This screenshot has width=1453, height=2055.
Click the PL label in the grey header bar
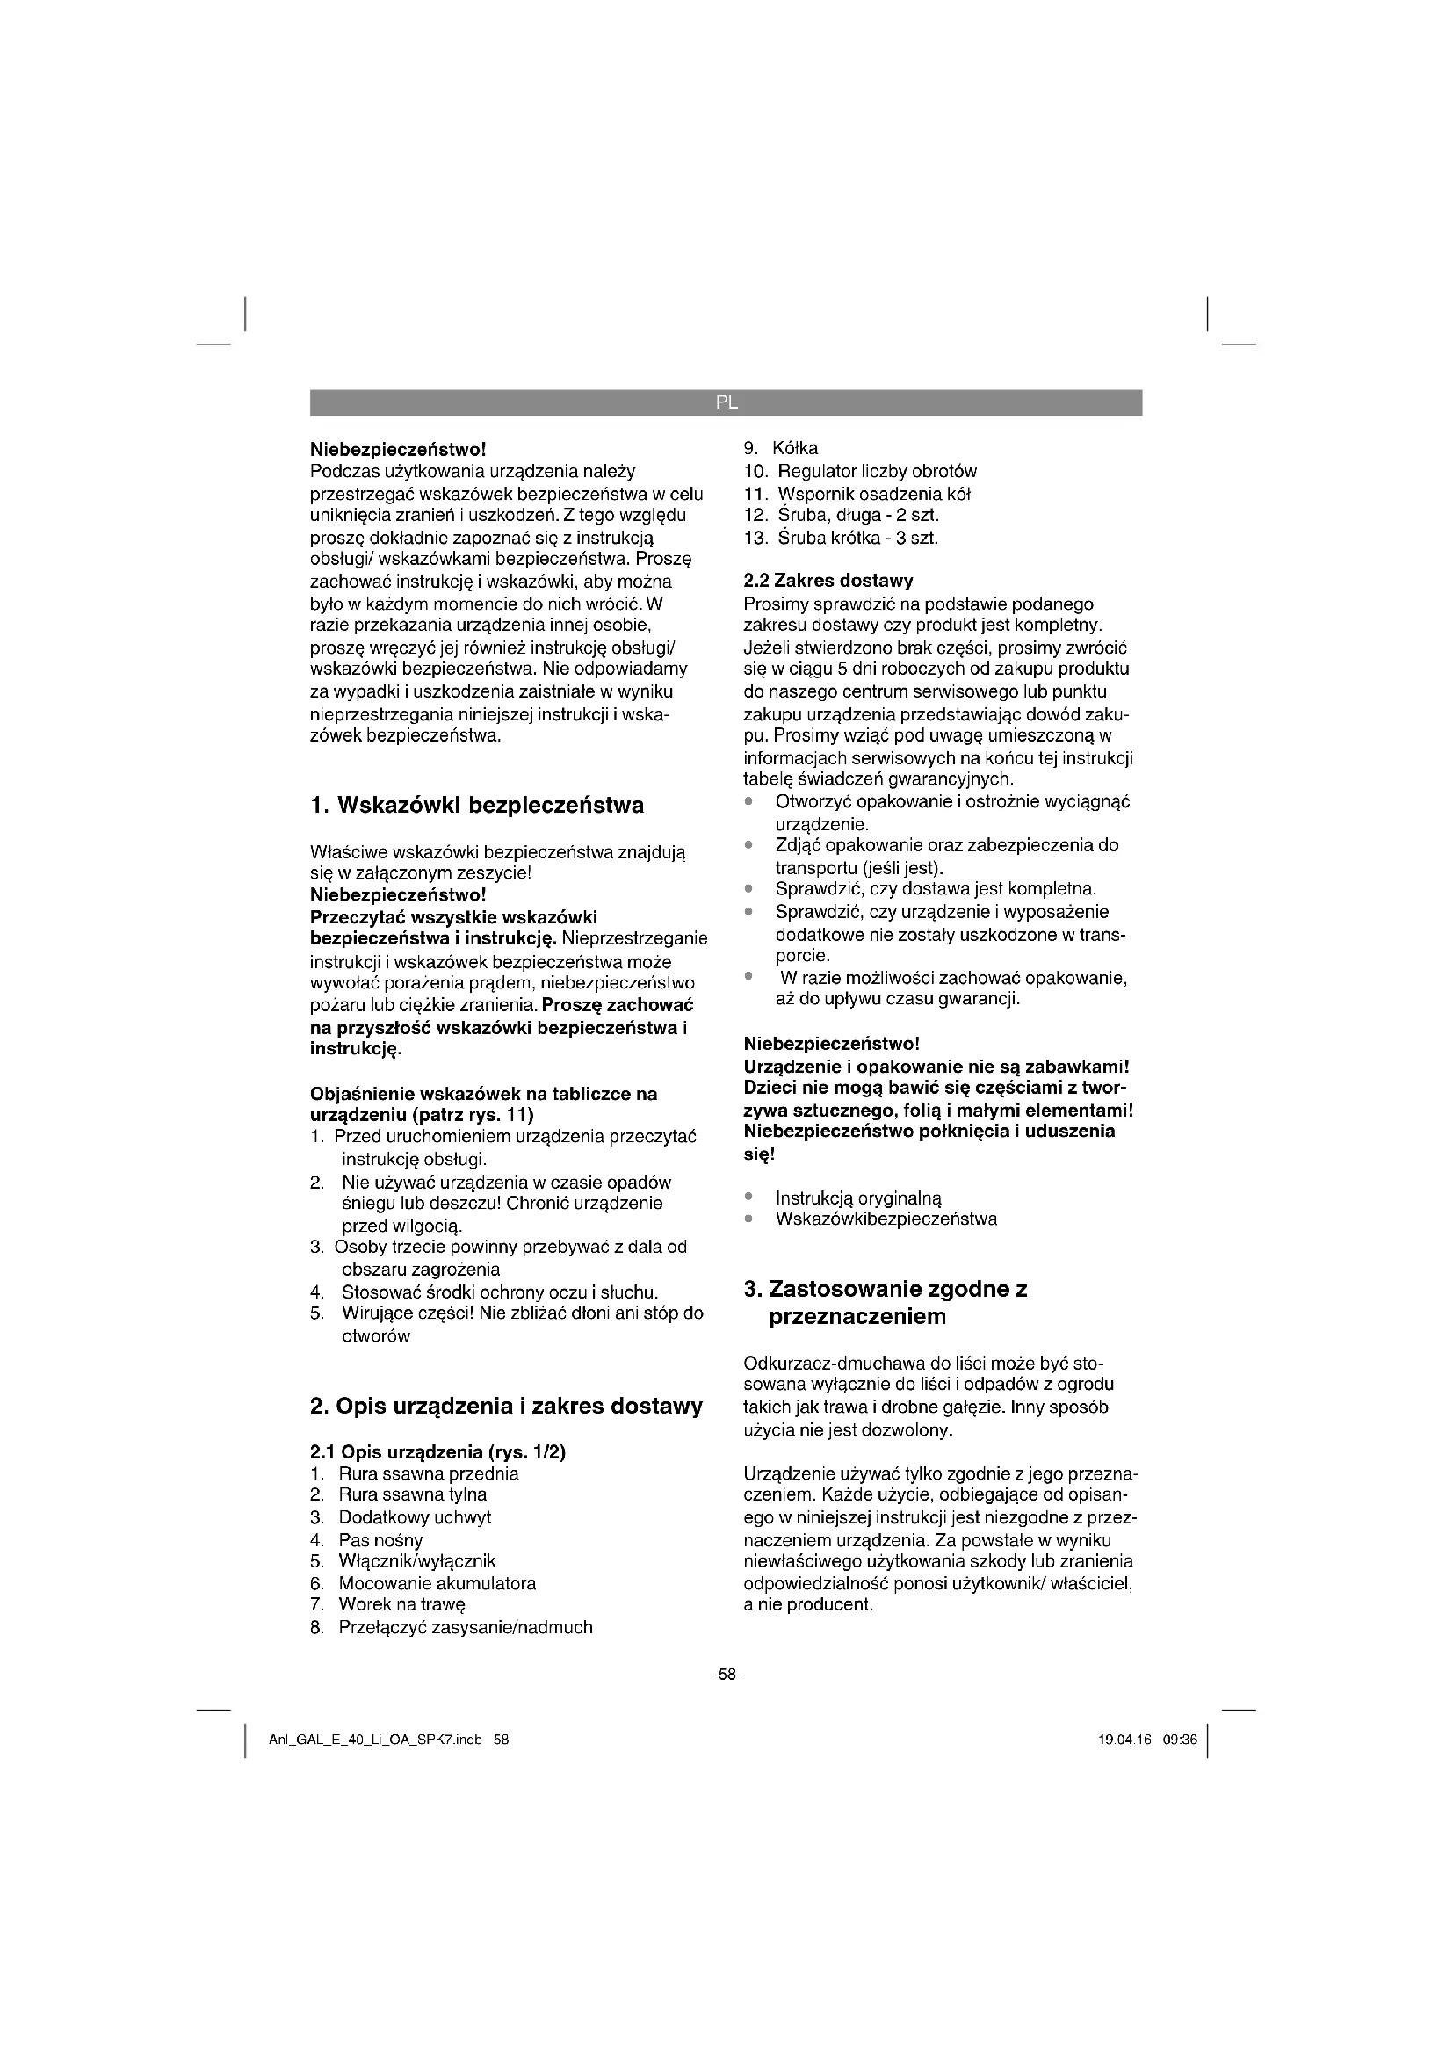[726, 402]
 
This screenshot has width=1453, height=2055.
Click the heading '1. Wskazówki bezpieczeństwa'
[476, 806]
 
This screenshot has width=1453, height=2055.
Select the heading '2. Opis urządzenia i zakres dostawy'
[505, 1406]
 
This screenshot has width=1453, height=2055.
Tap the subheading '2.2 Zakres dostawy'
[828, 581]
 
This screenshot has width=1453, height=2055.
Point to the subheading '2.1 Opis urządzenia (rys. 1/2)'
[437, 1451]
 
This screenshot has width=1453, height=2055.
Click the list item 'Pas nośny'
[380, 1540]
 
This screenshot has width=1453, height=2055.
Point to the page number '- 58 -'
[726, 1675]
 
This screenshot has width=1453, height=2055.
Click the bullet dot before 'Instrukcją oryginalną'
[748, 1198]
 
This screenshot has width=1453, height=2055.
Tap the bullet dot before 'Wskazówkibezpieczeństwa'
[748, 1219]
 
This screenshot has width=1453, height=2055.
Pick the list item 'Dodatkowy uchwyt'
[415, 1518]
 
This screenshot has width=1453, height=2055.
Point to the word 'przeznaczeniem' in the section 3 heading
[857, 1317]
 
